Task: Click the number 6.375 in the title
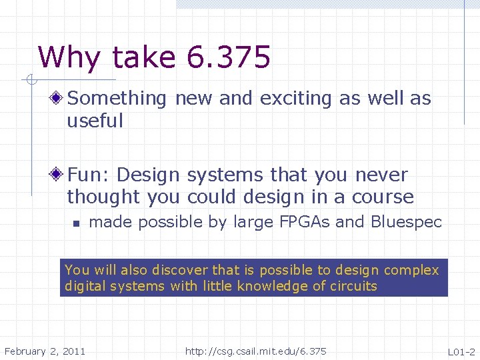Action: [x=229, y=57]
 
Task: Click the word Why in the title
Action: [x=69, y=59]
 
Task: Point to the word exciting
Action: [x=297, y=99]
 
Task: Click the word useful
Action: [x=95, y=121]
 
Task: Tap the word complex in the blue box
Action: [x=411, y=270]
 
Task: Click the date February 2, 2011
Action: [x=45, y=351]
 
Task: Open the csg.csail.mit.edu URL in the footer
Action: [x=256, y=351]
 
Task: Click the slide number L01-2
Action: [x=461, y=351]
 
